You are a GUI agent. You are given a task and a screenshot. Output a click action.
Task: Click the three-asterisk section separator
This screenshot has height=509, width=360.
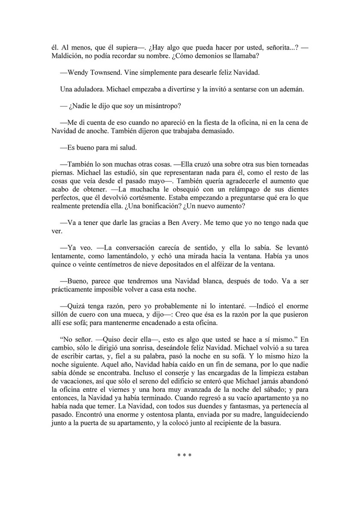(184, 456)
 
